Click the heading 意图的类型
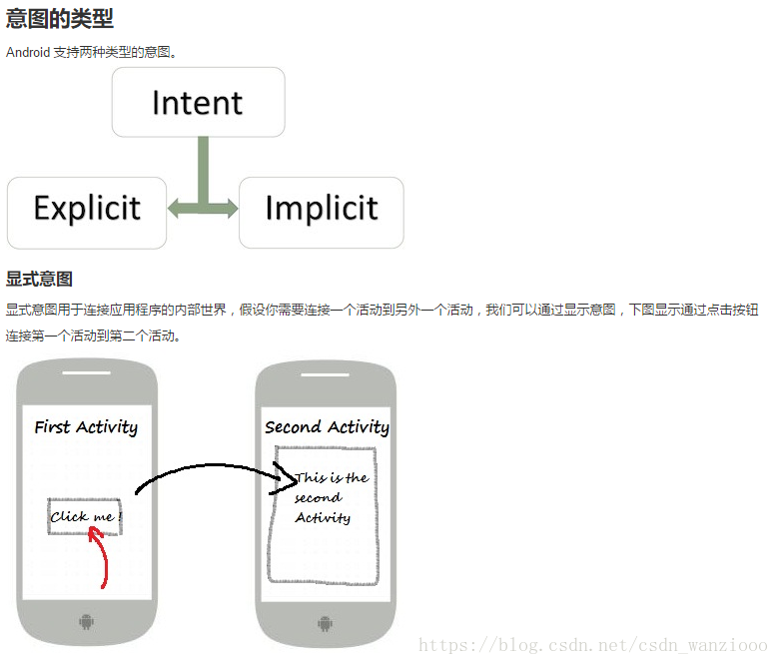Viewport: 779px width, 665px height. (x=60, y=18)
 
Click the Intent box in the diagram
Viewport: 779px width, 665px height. (x=198, y=102)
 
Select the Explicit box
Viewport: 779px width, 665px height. (x=87, y=210)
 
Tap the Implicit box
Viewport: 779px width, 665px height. (x=321, y=210)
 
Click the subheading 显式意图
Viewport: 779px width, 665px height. (x=39, y=279)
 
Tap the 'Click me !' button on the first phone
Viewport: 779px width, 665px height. (x=85, y=516)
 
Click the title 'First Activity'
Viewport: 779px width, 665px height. (x=86, y=427)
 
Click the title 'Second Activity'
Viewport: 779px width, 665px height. (x=327, y=427)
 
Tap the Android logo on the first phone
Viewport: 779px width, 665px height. (x=87, y=623)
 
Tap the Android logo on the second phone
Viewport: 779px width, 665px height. (x=326, y=623)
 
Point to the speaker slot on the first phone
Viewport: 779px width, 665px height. (x=87, y=373)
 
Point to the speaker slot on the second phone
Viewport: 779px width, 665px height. (x=326, y=373)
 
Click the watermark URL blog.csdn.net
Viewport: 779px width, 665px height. (x=593, y=646)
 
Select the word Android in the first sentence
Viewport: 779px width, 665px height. (x=28, y=52)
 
